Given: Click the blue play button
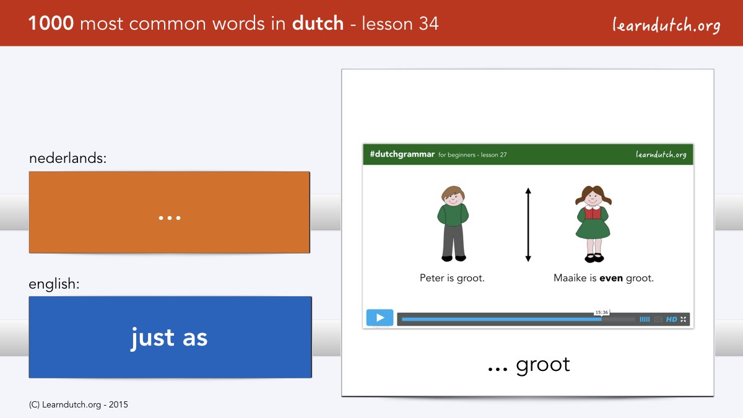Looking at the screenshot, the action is tap(380, 318).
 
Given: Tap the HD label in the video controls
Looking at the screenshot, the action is tap(671, 319).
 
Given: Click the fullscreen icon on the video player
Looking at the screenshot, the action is tap(684, 319).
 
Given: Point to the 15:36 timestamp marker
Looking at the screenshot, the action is tap(602, 312).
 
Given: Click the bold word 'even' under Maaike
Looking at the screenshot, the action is tap(611, 277).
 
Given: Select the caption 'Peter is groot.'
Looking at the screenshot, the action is tap(452, 277).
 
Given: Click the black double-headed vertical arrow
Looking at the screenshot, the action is tap(528, 225).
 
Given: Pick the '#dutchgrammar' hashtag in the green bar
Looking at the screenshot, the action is tap(402, 154).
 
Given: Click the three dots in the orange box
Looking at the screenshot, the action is tap(170, 218).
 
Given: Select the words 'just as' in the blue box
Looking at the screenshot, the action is tap(169, 337).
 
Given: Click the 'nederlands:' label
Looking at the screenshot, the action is tap(67, 158).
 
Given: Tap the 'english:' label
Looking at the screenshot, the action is tap(54, 284).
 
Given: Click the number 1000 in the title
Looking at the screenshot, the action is tap(51, 24).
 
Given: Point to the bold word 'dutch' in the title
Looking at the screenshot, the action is tap(318, 24).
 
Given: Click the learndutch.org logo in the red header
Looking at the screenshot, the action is tap(666, 25).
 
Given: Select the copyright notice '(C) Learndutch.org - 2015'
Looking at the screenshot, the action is tap(78, 405).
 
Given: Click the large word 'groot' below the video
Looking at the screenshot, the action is tap(543, 365).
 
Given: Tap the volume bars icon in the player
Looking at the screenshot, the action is tap(645, 319).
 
